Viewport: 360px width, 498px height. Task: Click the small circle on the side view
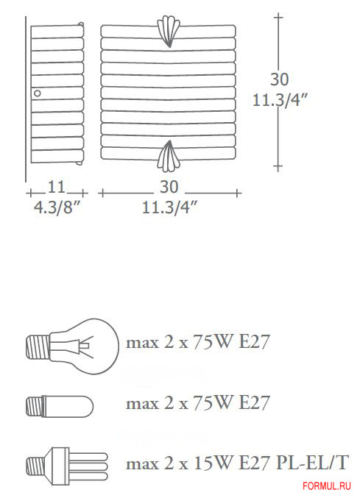click(37, 93)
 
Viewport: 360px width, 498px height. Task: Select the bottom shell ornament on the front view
click(169, 156)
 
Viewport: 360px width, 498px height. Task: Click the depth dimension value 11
click(57, 187)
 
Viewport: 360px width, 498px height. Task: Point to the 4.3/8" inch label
click(57, 208)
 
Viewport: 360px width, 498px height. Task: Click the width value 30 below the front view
click(169, 187)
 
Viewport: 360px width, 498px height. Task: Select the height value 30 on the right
click(279, 79)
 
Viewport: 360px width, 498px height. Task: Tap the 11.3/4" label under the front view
click(169, 208)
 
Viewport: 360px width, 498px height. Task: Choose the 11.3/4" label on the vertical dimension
click(280, 100)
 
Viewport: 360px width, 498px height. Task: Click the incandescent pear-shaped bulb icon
click(72, 346)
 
